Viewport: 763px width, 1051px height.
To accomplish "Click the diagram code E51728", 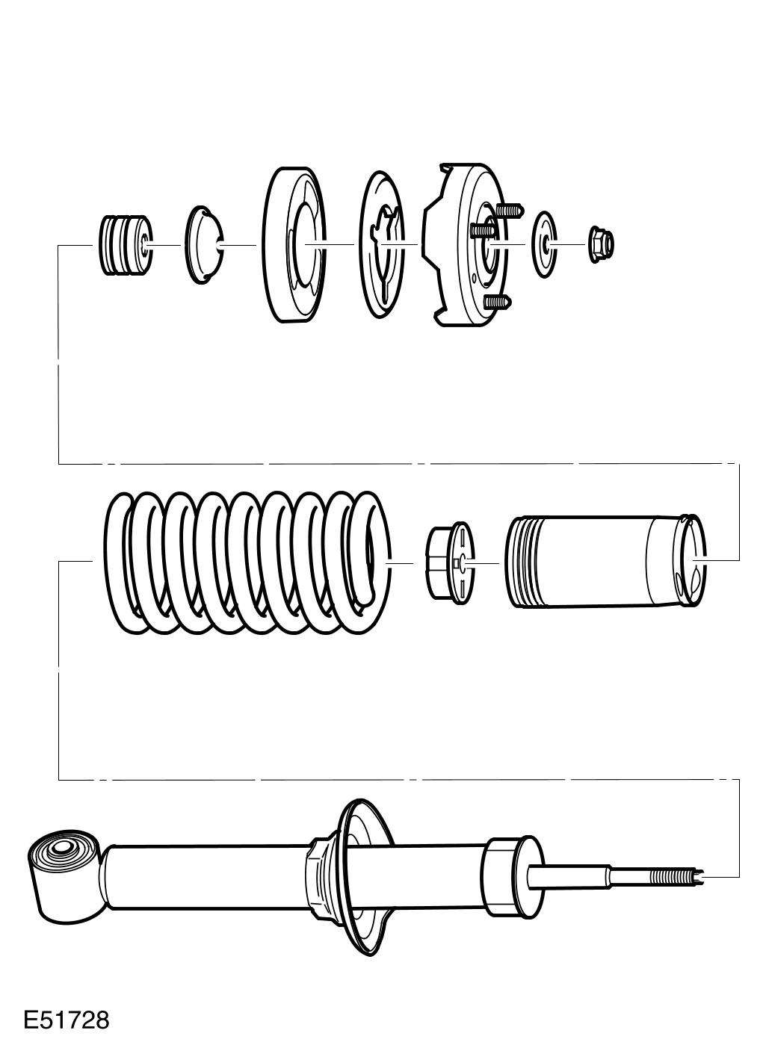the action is tap(66, 1020).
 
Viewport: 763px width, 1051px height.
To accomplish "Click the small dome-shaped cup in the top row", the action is tap(203, 245).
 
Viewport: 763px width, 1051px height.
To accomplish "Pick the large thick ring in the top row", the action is tap(295, 245).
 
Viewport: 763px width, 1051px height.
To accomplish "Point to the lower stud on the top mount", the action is tap(498, 302).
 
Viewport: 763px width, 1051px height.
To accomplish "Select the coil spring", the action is tap(247, 562).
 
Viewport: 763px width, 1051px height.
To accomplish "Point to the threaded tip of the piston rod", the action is tap(676, 875).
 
